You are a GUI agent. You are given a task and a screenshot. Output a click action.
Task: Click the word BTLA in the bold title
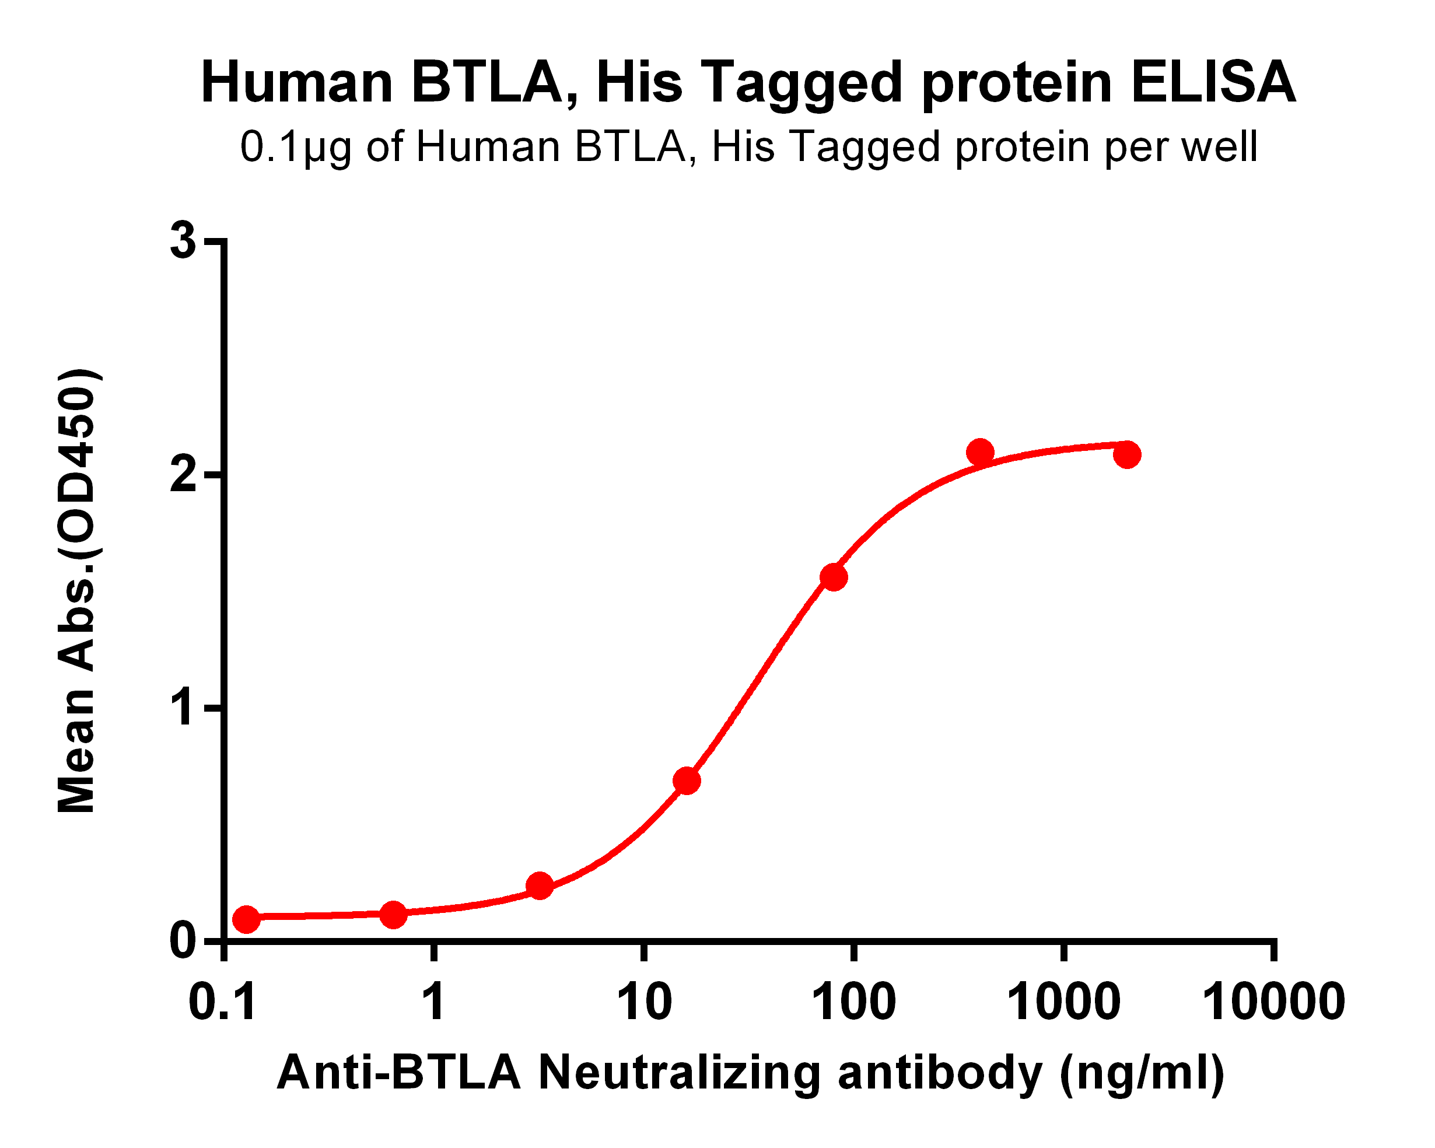487,83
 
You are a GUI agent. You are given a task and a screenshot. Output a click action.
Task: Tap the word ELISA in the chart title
1213,83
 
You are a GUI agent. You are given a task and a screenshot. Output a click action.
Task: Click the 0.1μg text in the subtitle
295,147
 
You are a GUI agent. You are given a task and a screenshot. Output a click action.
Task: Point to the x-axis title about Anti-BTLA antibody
750,1073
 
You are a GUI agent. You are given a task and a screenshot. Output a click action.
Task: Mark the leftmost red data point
246,919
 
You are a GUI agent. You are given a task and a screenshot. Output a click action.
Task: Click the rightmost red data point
1127,454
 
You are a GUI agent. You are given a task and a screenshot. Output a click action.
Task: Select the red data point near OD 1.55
834,577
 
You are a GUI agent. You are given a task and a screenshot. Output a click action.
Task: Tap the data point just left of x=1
393,915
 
